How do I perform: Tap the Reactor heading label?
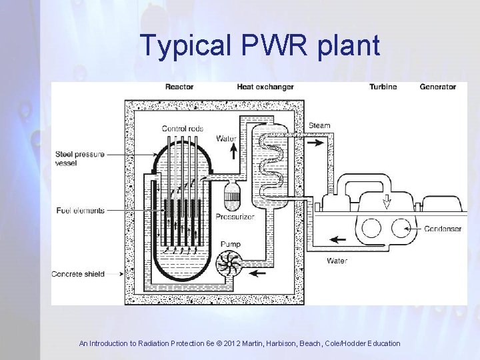[180, 87]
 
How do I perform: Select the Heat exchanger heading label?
[265, 87]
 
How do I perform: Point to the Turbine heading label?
[383, 87]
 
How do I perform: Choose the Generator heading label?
[438, 87]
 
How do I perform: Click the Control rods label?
[183, 128]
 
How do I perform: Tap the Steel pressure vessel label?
[79, 158]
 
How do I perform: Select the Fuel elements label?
[80, 211]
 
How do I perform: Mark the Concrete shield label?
[80, 274]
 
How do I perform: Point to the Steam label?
[319, 126]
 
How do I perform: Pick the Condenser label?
[443, 229]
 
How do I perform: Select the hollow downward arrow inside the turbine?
[386, 201]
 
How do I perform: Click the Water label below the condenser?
[337, 261]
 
